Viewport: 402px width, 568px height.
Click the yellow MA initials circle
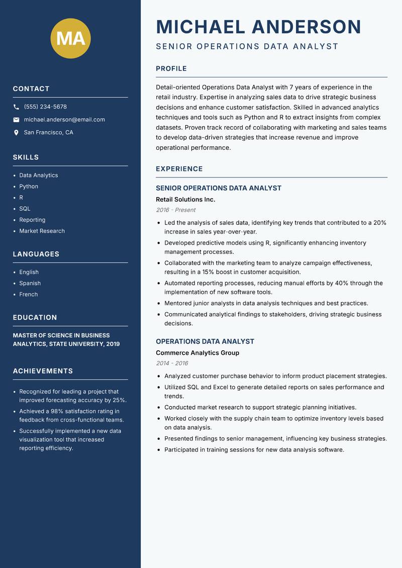[x=71, y=38]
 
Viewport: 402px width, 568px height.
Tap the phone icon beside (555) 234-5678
[x=17, y=107]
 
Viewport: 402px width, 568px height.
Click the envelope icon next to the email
[x=17, y=120]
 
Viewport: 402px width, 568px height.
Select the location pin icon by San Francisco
[x=17, y=133]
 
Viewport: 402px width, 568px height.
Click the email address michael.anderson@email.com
[x=64, y=120]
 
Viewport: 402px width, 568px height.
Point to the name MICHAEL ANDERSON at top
[x=259, y=27]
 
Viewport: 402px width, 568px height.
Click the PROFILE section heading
[x=171, y=69]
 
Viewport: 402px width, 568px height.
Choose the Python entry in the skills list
[x=29, y=186]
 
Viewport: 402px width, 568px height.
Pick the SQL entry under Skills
[x=25, y=209]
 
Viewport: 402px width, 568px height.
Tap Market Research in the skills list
[x=42, y=231]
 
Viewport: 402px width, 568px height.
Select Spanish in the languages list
[x=30, y=283]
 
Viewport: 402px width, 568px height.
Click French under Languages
[x=29, y=294]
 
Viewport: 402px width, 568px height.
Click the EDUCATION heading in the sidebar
[x=35, y=318]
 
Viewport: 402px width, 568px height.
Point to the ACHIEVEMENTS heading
[x=43, y=371]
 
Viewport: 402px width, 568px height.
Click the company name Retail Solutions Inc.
[x=185, y=200]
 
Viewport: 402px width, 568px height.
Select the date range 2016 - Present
[x=175, y=210]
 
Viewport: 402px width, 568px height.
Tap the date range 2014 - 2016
[x=172, y=363]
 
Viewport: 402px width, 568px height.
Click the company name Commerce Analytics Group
[x=197, y=353]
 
